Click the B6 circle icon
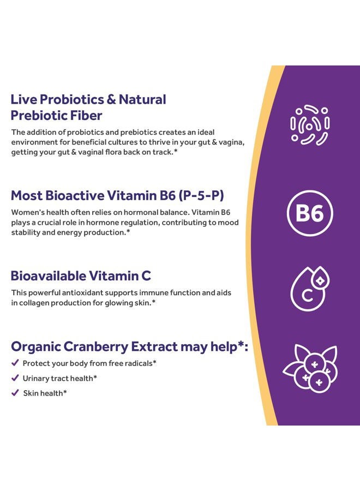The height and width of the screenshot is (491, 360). coord(309,213)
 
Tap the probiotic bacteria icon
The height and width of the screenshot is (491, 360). coord(309,125)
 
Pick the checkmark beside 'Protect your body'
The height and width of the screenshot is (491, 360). coord(15,363)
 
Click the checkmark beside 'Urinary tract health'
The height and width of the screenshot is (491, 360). coord(15,378)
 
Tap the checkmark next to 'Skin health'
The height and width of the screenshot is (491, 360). coord(15,393)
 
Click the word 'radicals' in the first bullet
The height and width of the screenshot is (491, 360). coord(140,363)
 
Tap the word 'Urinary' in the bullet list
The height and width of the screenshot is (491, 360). coord(36,378)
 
